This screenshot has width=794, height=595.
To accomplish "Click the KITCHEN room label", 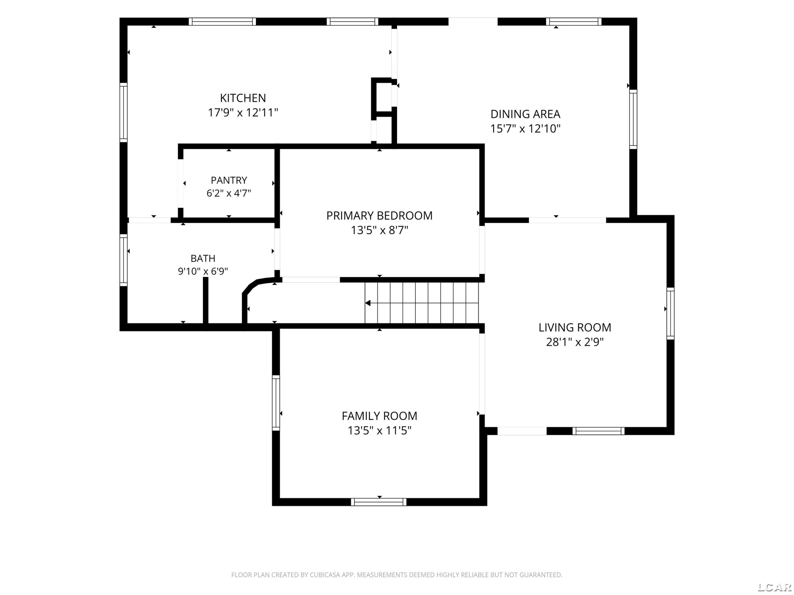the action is click(x=243, y=98).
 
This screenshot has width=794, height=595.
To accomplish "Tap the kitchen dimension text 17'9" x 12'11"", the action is click(x=243, y=112).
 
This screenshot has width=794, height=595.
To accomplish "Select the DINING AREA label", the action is click(x=525, y=114).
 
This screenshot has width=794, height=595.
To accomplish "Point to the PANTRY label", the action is click(x=229, y=180).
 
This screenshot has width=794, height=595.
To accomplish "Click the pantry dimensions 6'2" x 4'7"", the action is click(x=229, y=193).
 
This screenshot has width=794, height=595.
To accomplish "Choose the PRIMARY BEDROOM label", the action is click(x=379, y=216).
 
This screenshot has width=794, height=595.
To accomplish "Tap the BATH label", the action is click(x=203, y=258).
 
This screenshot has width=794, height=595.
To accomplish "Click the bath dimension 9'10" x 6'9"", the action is click(x=203, y=271).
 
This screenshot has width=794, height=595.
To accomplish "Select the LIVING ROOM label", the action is click(x=575, y=328).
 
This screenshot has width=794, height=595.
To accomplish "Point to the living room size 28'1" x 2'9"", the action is click(x=575, y=342).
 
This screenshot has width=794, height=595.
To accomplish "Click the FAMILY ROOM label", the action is click(x=379, y=416).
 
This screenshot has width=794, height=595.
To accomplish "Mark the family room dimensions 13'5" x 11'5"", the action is click(x=379, y=430).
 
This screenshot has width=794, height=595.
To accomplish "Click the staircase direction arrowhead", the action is click(x=368, y=303).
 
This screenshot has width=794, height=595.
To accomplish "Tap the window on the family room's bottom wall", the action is click(x=379, y=502).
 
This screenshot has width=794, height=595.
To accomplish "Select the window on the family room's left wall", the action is click(x=276, y=403).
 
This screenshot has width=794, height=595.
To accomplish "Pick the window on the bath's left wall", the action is click(x=123, y=260).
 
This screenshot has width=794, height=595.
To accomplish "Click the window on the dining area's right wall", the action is click(x=633, y=119).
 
